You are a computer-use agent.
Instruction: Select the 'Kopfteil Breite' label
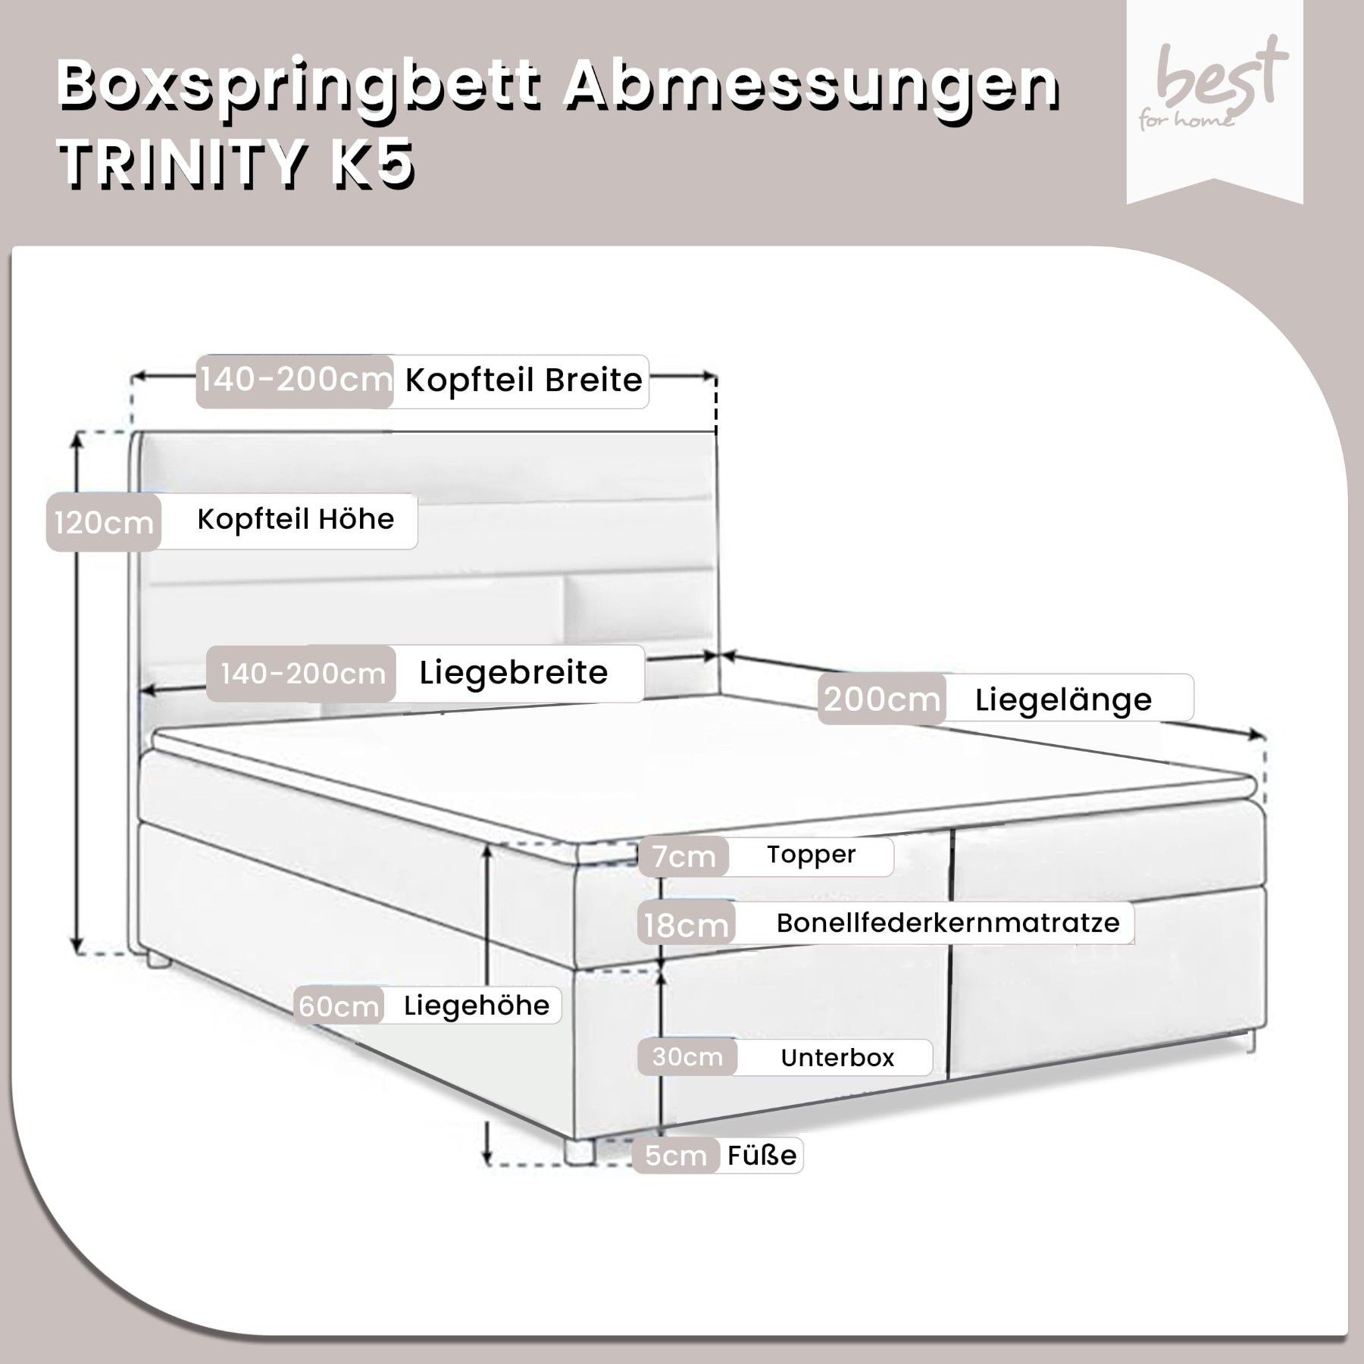(x=524, y=380)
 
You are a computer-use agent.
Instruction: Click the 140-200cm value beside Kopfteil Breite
(x=296, y=380)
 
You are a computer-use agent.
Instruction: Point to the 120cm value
(x=104, y=522)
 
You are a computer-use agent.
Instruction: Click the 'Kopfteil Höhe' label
(x=296, y=520)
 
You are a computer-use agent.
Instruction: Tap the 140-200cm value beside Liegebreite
(x=303, y=673)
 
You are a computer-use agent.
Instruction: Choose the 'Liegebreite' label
(x=514, y=672)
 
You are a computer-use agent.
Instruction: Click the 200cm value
(x=882, y=699)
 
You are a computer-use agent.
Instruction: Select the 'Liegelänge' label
(x=1063, y=699)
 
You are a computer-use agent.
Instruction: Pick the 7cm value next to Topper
(x=684, y=857)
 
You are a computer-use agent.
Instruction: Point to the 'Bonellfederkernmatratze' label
(x=948, y=923)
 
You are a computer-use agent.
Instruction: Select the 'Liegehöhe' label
(x=477, y=1006)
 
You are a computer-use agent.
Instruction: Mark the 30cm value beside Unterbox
(x=687, y=1057)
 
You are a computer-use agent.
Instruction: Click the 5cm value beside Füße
(x=676, y=1156)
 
